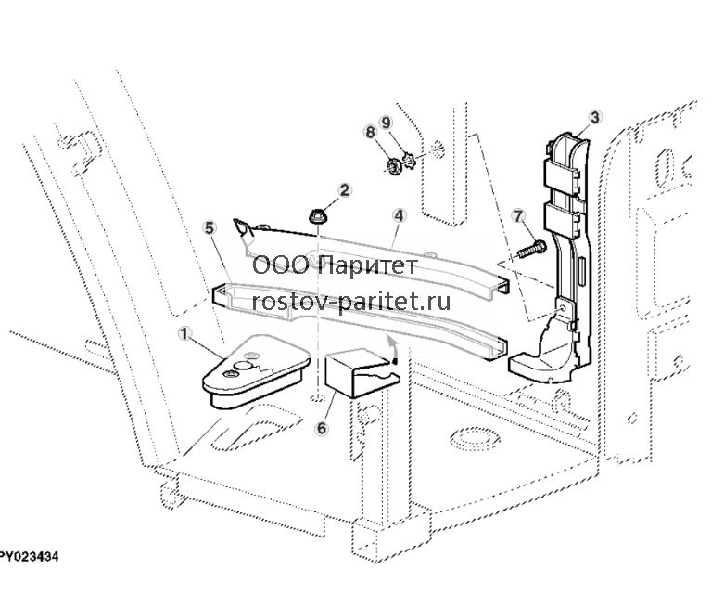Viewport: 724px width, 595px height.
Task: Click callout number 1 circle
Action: point(184,333)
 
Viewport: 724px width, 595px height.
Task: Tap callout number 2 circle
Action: point(345,189)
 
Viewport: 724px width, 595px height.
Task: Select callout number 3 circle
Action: point(595,118)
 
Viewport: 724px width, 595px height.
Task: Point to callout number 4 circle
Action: point(399,215)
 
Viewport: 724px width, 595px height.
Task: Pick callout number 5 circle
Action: point(210,227)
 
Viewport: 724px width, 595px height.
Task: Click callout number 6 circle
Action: point(322,428)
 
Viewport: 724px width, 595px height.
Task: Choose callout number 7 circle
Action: point(518,216)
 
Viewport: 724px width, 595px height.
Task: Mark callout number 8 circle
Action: point(370,132)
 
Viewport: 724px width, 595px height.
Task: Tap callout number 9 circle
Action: point(386,123)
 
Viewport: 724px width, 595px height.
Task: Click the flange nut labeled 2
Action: point(317,217)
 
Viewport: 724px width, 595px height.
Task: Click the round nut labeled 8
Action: point(393,166)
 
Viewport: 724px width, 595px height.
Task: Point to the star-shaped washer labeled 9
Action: point(409,161)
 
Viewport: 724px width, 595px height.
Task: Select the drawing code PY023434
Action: point(29,557)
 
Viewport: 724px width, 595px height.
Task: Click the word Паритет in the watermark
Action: point(368,265)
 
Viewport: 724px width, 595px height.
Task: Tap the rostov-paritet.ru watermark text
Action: point(351,303)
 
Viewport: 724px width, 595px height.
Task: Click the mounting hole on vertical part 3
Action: point(563,307)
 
